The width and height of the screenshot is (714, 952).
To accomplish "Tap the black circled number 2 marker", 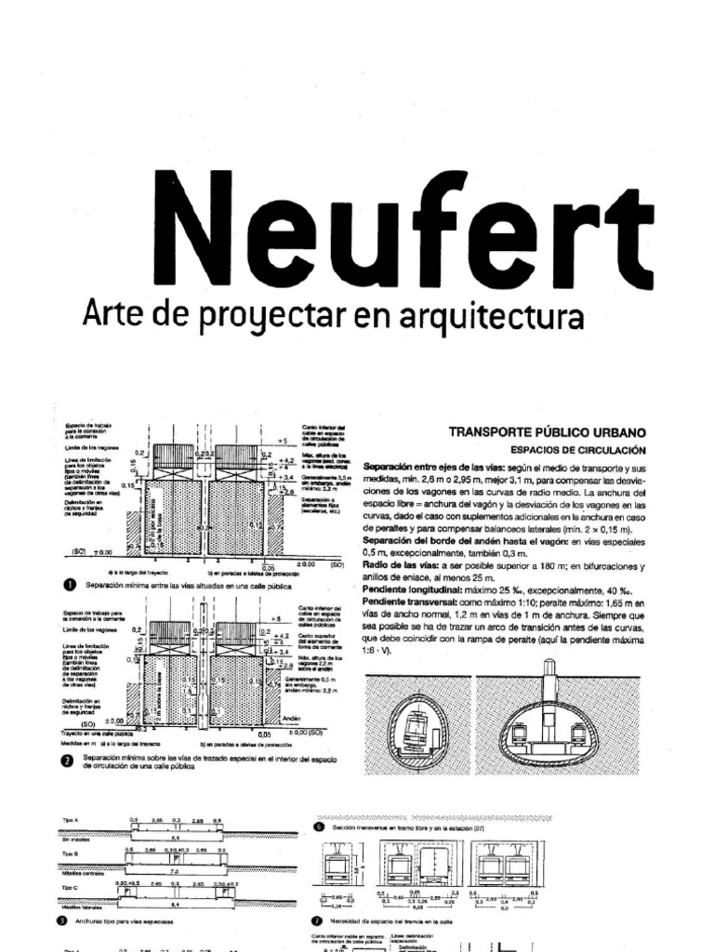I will tap(66, 761).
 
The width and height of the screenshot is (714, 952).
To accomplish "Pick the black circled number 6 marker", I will tap(319, 826).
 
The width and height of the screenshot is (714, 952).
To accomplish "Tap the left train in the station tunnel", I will tap(517, 734).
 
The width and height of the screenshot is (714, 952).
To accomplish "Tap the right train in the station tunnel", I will tap(580, 734).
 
